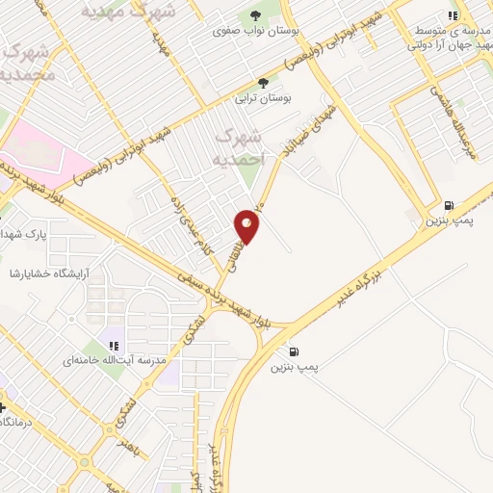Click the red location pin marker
coord(248,225)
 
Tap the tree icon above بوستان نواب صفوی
coord(255,15)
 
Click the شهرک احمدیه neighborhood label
coord(237,147)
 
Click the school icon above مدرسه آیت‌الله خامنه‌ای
coord(113,345)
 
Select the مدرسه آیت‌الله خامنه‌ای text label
coord(114,360)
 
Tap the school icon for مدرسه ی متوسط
coord(453,14)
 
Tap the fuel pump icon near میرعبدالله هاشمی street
coord(450,205)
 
